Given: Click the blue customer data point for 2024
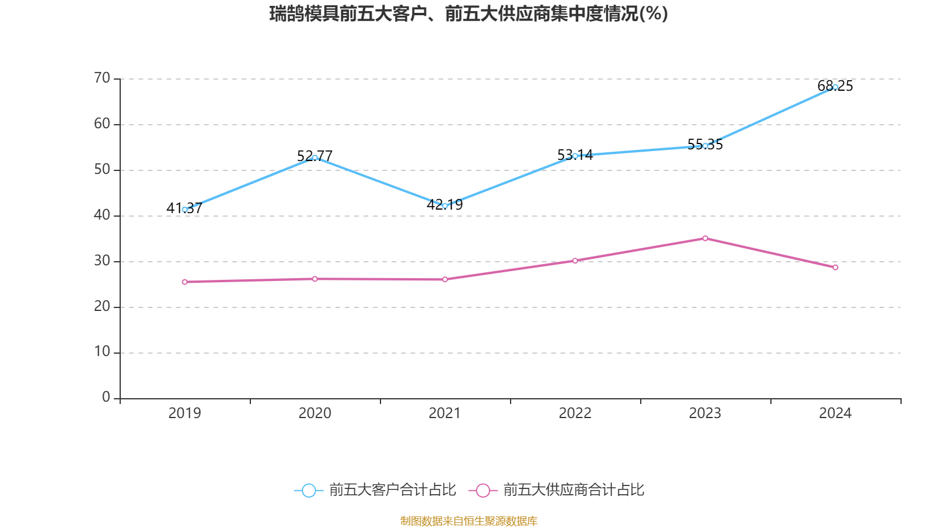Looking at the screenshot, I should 835,87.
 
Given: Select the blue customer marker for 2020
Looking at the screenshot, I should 315,158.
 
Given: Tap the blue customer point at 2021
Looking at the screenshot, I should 445,206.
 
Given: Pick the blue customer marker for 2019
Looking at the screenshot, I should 185,210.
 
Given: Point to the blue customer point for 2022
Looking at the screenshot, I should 575,156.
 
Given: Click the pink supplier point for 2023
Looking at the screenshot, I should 705,238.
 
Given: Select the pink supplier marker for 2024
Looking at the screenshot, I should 835,268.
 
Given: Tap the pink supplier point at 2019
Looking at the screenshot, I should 185,282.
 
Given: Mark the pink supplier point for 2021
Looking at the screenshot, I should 445,279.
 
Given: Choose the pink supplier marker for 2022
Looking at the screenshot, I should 575,261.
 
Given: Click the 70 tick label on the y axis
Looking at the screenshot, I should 102,78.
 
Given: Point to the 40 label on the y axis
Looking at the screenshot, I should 102,215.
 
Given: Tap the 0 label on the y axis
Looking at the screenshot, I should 106,398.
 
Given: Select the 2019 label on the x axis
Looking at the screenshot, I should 185,413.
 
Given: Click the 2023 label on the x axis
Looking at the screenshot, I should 705,413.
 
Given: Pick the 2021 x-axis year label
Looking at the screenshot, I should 445,413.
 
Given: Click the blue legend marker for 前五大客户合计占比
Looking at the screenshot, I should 308,490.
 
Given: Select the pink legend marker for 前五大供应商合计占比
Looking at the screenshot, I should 482,490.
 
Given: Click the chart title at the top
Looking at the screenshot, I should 468,13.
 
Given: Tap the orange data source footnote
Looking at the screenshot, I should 468,521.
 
